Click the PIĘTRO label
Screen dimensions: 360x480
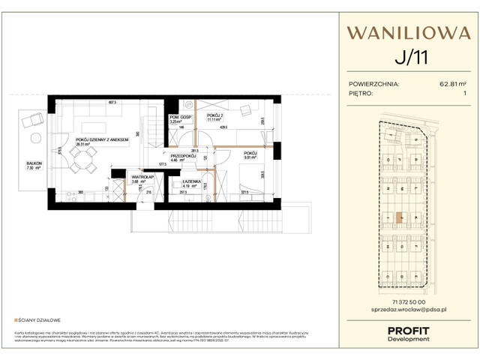pyautogui.click(x=363, y=94)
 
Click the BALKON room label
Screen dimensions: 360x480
pyautogui.click(x=34, y=163)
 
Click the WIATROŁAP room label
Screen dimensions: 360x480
pyautogui.click(x=121, y=177)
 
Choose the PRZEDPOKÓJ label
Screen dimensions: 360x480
pyautogui.click(x=184, y=156)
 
